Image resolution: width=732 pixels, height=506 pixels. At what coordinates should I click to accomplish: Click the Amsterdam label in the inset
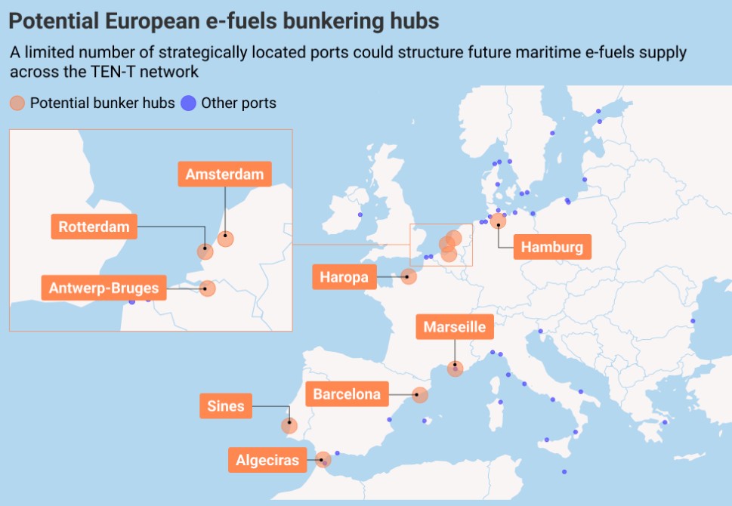point(224,174)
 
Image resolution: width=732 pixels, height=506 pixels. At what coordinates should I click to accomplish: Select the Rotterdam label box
point(94,227)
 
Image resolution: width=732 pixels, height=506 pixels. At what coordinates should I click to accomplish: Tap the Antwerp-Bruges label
point(103,288)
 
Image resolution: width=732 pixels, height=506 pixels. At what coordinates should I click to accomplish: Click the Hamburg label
point(552,247)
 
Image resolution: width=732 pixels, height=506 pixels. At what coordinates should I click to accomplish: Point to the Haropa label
point(344,277)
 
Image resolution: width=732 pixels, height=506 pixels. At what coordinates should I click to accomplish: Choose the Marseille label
point(454,328)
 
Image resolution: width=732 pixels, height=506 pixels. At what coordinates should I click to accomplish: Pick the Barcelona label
point(347,394)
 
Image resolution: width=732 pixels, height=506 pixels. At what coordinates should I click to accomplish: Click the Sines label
point(226,406)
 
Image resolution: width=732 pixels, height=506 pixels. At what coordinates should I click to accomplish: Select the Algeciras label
point(267,460)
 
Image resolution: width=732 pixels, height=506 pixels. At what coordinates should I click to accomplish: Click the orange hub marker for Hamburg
point(498,221)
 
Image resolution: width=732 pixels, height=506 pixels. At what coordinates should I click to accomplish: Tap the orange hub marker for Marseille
point(455,369)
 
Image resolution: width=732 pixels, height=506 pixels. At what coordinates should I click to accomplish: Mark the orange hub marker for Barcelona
point(420,394)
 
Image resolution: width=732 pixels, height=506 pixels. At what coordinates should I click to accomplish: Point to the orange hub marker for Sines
point(289,426)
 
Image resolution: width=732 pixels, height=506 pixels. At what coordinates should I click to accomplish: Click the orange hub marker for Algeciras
point(323,459)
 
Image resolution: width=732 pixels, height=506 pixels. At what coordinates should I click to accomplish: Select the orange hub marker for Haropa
point(409,276)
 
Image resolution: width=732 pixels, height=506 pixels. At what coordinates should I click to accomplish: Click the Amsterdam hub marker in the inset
point(225,239)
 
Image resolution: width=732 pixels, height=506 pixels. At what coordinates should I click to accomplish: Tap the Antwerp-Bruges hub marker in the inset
point(207,288)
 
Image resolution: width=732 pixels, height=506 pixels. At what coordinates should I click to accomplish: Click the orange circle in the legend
point(17,103)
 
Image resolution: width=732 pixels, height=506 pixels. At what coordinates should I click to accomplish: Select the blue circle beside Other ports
point(189,103)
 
